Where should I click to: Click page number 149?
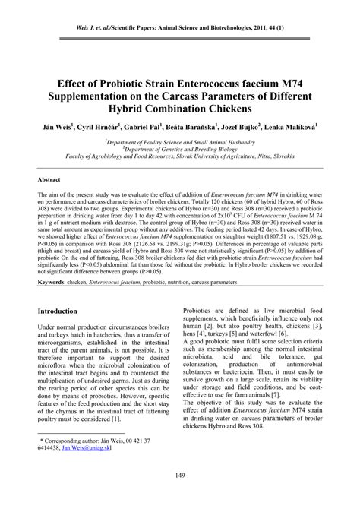coord(181,497)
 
